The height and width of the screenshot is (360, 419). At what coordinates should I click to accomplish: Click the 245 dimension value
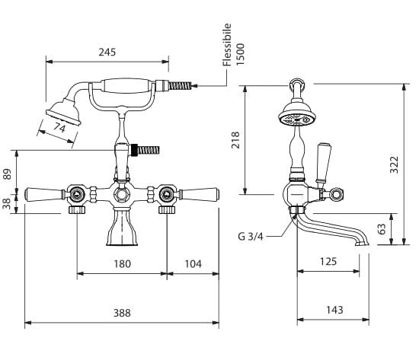tap(107, 52)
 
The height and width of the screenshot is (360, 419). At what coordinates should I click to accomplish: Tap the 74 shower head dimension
tap(59, 128)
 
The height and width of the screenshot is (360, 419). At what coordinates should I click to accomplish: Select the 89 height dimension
tap(8, 174)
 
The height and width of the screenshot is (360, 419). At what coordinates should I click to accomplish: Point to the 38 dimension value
tap(8, 204)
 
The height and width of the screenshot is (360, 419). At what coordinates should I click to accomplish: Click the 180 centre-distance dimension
tap(123, 264)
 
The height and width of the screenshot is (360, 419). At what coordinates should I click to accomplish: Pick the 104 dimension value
tap(194, 264)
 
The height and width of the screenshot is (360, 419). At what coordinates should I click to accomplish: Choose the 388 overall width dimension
tap(122, 313)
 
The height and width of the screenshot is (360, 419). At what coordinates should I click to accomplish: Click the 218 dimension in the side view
tap(235, 140)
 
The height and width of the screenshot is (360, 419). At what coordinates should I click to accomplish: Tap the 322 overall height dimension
tap(394, 164)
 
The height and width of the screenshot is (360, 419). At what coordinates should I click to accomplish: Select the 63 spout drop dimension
tap(382, 229)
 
